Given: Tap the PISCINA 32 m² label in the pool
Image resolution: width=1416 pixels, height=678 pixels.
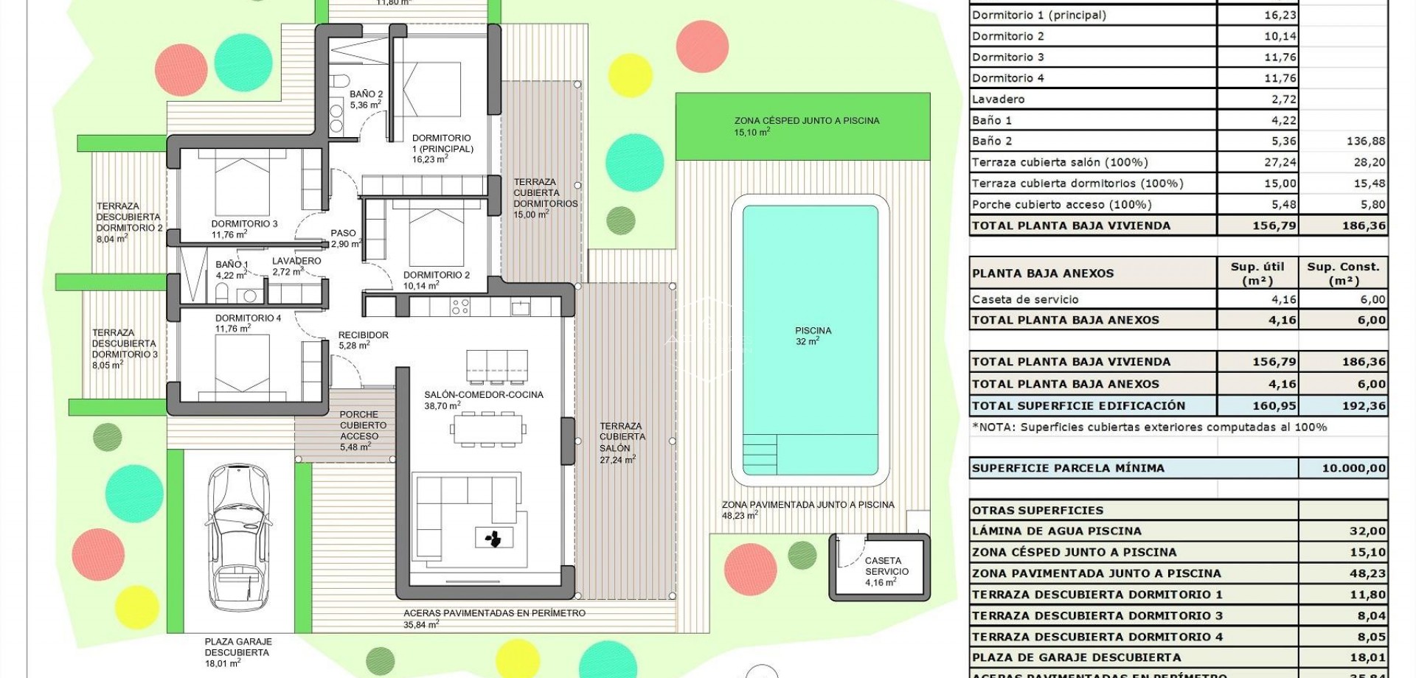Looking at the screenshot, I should coord(813,336).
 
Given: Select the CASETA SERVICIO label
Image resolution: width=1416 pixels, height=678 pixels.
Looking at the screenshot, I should coord(886,571).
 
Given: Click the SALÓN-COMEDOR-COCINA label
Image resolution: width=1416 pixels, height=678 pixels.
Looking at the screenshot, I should coord(483,399).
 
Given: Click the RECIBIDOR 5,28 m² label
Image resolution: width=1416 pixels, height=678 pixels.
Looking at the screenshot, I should coord(363,340).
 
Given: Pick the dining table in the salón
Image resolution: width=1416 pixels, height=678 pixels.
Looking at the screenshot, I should coord(489,430).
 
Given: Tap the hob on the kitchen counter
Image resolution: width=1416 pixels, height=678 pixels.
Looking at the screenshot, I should coord(460,307).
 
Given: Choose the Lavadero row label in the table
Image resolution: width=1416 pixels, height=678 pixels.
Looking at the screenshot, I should coord(998,99).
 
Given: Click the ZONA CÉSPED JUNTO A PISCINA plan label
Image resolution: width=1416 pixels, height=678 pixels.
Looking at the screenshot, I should coord(806,126).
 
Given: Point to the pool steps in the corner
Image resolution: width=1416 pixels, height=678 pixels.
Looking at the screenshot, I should coord(759,454).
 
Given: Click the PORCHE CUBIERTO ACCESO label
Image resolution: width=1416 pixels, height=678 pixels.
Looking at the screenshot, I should coord(362,430).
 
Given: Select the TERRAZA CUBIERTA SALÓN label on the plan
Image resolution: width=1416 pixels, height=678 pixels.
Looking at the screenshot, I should coord(622,442).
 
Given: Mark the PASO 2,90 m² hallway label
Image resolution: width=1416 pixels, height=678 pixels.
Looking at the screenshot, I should coord(344,238).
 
